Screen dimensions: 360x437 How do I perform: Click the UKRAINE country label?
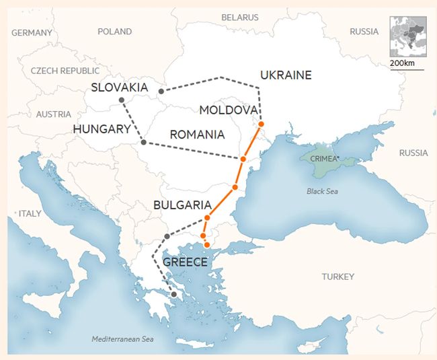tap(285, 75)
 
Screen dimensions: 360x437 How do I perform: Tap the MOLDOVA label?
tap(228, 110)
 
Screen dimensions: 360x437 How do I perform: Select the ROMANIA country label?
tap(197, 135)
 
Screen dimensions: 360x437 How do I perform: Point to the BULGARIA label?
tap(183, 205)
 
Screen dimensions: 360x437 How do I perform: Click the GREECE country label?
tap(185, 262)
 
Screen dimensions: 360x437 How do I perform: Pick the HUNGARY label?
tap(102, 129)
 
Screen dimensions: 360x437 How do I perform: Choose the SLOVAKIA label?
tap(120, 87)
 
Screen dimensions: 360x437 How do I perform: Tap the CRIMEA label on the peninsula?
tap(322, 158)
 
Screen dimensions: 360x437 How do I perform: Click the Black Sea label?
tap(322, 191)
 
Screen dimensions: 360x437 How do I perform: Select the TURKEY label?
tap(337, 277)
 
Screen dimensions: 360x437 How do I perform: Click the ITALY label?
tap(30, 213)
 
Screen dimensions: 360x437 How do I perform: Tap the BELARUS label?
tap(240, 17)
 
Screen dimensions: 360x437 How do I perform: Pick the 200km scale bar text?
tap(401, 63)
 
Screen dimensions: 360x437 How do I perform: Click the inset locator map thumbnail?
tap(406, 38)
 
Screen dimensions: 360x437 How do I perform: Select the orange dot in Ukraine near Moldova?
tap(261, 124)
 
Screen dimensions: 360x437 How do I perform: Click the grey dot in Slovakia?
tap(121, 100)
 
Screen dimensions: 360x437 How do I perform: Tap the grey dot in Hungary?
tap(143, 142)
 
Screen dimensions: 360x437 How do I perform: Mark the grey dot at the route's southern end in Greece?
tap(173, 294)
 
